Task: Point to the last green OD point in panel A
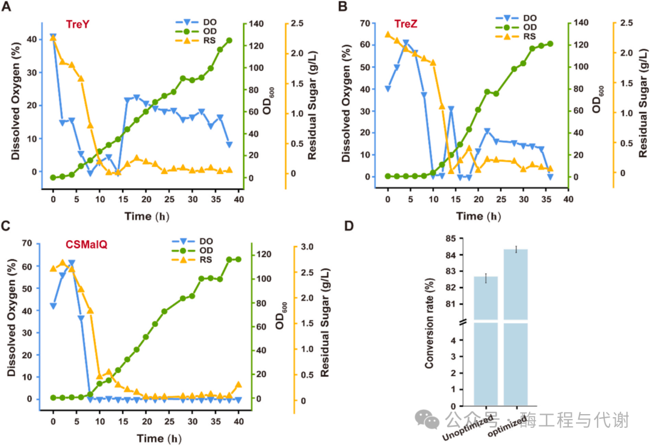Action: (229, 40)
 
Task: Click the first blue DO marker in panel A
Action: (53, 37)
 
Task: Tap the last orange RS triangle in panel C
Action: (238, 385)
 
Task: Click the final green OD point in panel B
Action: (550, 43)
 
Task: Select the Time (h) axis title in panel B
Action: (476, 215)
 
